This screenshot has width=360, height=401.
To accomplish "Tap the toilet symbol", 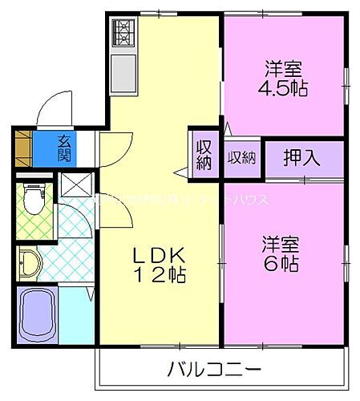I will (x=33, y=200).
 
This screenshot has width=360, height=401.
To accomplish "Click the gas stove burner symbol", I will (x=124, y=31).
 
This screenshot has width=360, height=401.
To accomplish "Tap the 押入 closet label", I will (x=302, y=157).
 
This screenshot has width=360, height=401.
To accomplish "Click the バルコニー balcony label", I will (x=214, y=371).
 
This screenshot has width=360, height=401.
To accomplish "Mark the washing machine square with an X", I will (x=76, y=186).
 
